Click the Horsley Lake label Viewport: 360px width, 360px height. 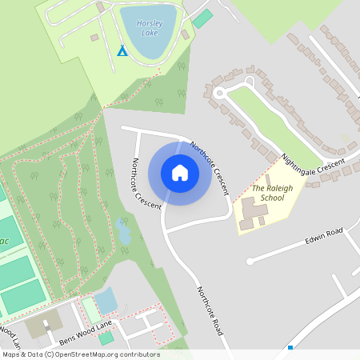(149, 28)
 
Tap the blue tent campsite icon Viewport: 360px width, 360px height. (122, 51)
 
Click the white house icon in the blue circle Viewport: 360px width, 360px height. (180, 173)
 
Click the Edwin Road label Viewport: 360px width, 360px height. (323, 238)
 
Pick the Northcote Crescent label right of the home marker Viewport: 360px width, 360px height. (210, 169)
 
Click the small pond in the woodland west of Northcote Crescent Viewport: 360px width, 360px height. (122, 233)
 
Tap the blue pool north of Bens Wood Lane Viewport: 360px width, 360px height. (106, 301)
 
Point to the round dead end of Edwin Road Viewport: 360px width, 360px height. (250, 261)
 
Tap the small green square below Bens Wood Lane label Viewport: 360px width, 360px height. (106, 338)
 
